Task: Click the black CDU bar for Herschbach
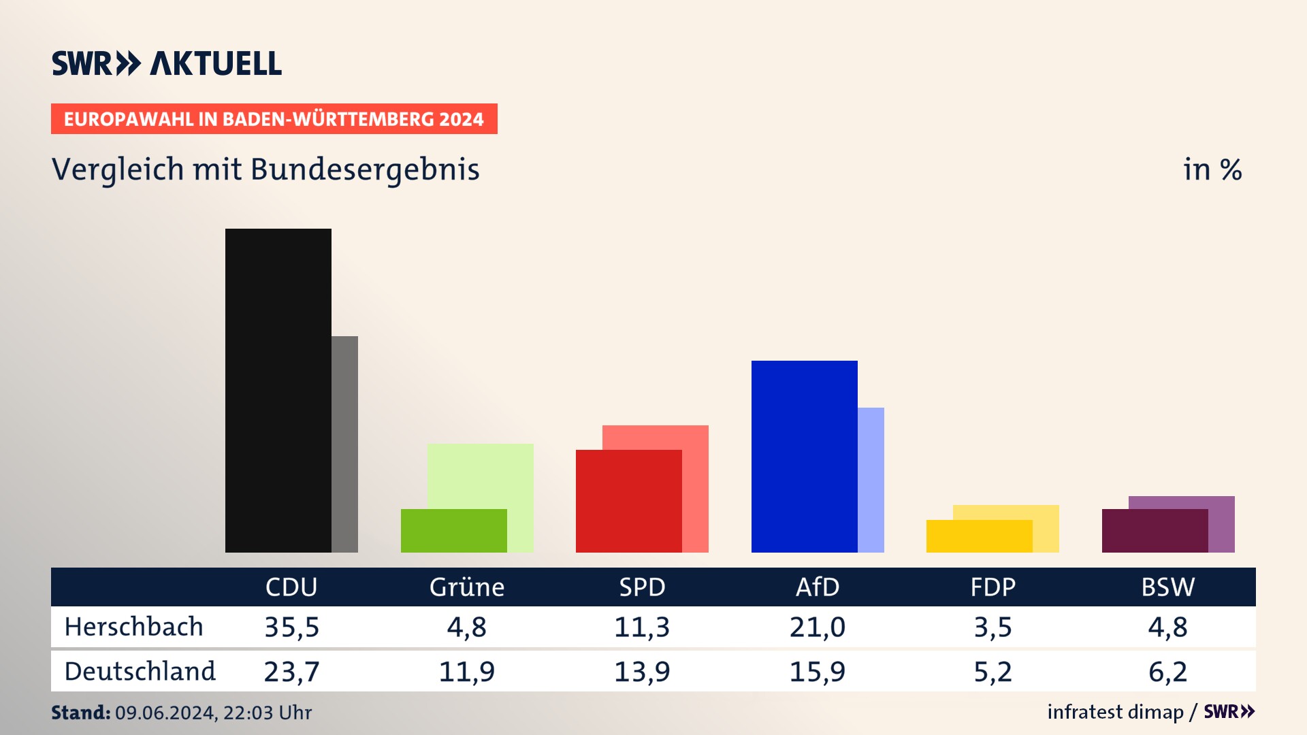278,390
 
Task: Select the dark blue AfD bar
804,456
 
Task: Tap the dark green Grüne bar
453,530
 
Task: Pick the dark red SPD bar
628,501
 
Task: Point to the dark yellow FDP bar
979,536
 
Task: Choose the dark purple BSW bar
1155,530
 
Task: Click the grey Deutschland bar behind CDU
345,444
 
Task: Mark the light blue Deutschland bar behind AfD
871,479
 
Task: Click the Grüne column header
467,587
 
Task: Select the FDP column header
993,587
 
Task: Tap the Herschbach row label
134,627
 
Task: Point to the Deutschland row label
140,672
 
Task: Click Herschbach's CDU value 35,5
291,627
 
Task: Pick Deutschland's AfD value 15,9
817,672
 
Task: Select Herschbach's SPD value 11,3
642,627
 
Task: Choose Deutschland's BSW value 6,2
1167,672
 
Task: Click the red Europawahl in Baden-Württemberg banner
274,119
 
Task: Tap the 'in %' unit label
1212,169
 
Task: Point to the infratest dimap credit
1115,712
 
